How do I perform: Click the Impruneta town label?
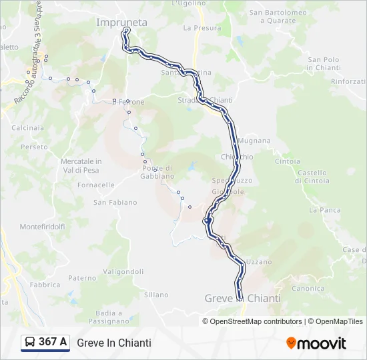coord(121,23)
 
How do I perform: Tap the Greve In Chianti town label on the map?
coord(242,298)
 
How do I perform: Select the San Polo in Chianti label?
coord(324,63)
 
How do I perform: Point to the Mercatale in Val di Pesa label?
coord(81,165)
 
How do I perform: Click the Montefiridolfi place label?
coord(42,227)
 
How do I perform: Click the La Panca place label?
coord(325,210)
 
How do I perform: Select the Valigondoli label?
coord(123,271)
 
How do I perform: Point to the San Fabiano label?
coord(115,202)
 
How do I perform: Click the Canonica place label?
coord(308,289)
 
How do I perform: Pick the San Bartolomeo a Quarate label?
coord(278,16)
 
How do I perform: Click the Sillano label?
coord(156,294)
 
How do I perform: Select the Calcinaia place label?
coord(27,127)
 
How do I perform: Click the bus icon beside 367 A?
coord(30,343)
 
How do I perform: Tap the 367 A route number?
coord(53,343)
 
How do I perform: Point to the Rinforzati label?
coord(348,81)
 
